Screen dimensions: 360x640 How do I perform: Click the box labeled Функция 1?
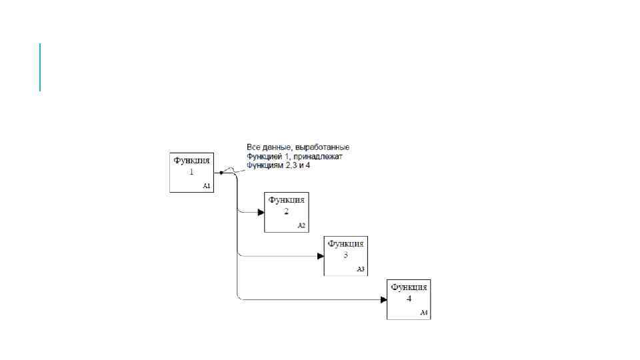(192, 173)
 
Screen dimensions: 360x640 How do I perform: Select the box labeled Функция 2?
(287, 212)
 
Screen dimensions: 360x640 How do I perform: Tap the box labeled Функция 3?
(346, 256)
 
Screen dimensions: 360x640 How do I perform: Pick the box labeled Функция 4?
(409, 299)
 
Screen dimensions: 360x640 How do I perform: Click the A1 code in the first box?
(207, 187)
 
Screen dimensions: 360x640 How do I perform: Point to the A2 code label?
(301, 226)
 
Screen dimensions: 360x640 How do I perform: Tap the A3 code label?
(361, 269)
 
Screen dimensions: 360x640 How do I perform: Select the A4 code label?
(423, 313)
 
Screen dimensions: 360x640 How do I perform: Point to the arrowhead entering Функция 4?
(383, 299)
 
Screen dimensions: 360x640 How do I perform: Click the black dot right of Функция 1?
(221, 173)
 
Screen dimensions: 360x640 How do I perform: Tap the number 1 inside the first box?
(192, 171)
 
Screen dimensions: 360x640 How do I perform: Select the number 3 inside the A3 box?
(346, 255)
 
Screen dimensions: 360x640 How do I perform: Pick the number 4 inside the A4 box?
(409, 298)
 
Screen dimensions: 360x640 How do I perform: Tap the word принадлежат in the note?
(321, 156)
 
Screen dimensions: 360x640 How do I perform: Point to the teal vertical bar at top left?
(40, 67)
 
